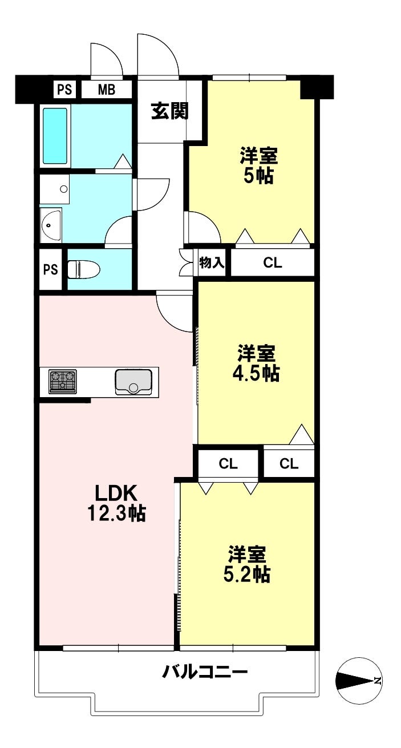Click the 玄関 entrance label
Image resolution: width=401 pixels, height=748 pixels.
pyautogui.click(x=170, y=111)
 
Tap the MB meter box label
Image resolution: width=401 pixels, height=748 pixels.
pyautogui.click(x=107, y=90)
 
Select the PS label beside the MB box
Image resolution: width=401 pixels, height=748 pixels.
pyautogui.click(x=65, y=90)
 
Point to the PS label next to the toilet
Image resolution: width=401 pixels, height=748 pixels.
pyautogui.click(x=51, y=269)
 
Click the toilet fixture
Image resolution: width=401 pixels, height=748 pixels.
pyautogui.click(x=84, y=269)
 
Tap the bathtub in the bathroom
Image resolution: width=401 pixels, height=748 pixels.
pyautogui.click(x=55, y=136)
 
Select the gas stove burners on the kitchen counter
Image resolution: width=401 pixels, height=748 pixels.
pyautogui.click(x=62, y=381)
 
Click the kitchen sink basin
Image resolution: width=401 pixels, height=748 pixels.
pyautogui.click(x=133, y=382)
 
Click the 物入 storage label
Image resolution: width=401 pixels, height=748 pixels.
pyautogui.click(x=212, y=263)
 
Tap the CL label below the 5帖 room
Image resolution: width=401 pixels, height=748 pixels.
pyautogui.click(x=273, y=263)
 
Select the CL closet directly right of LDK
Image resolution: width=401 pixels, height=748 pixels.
pyautogui.click(x=228, y=463)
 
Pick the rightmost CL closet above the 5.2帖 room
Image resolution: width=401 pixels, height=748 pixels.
pyautogui.click(x=289, y=463)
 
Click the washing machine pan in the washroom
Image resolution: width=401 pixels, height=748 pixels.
pyautogui.click(x=54, y=189)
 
